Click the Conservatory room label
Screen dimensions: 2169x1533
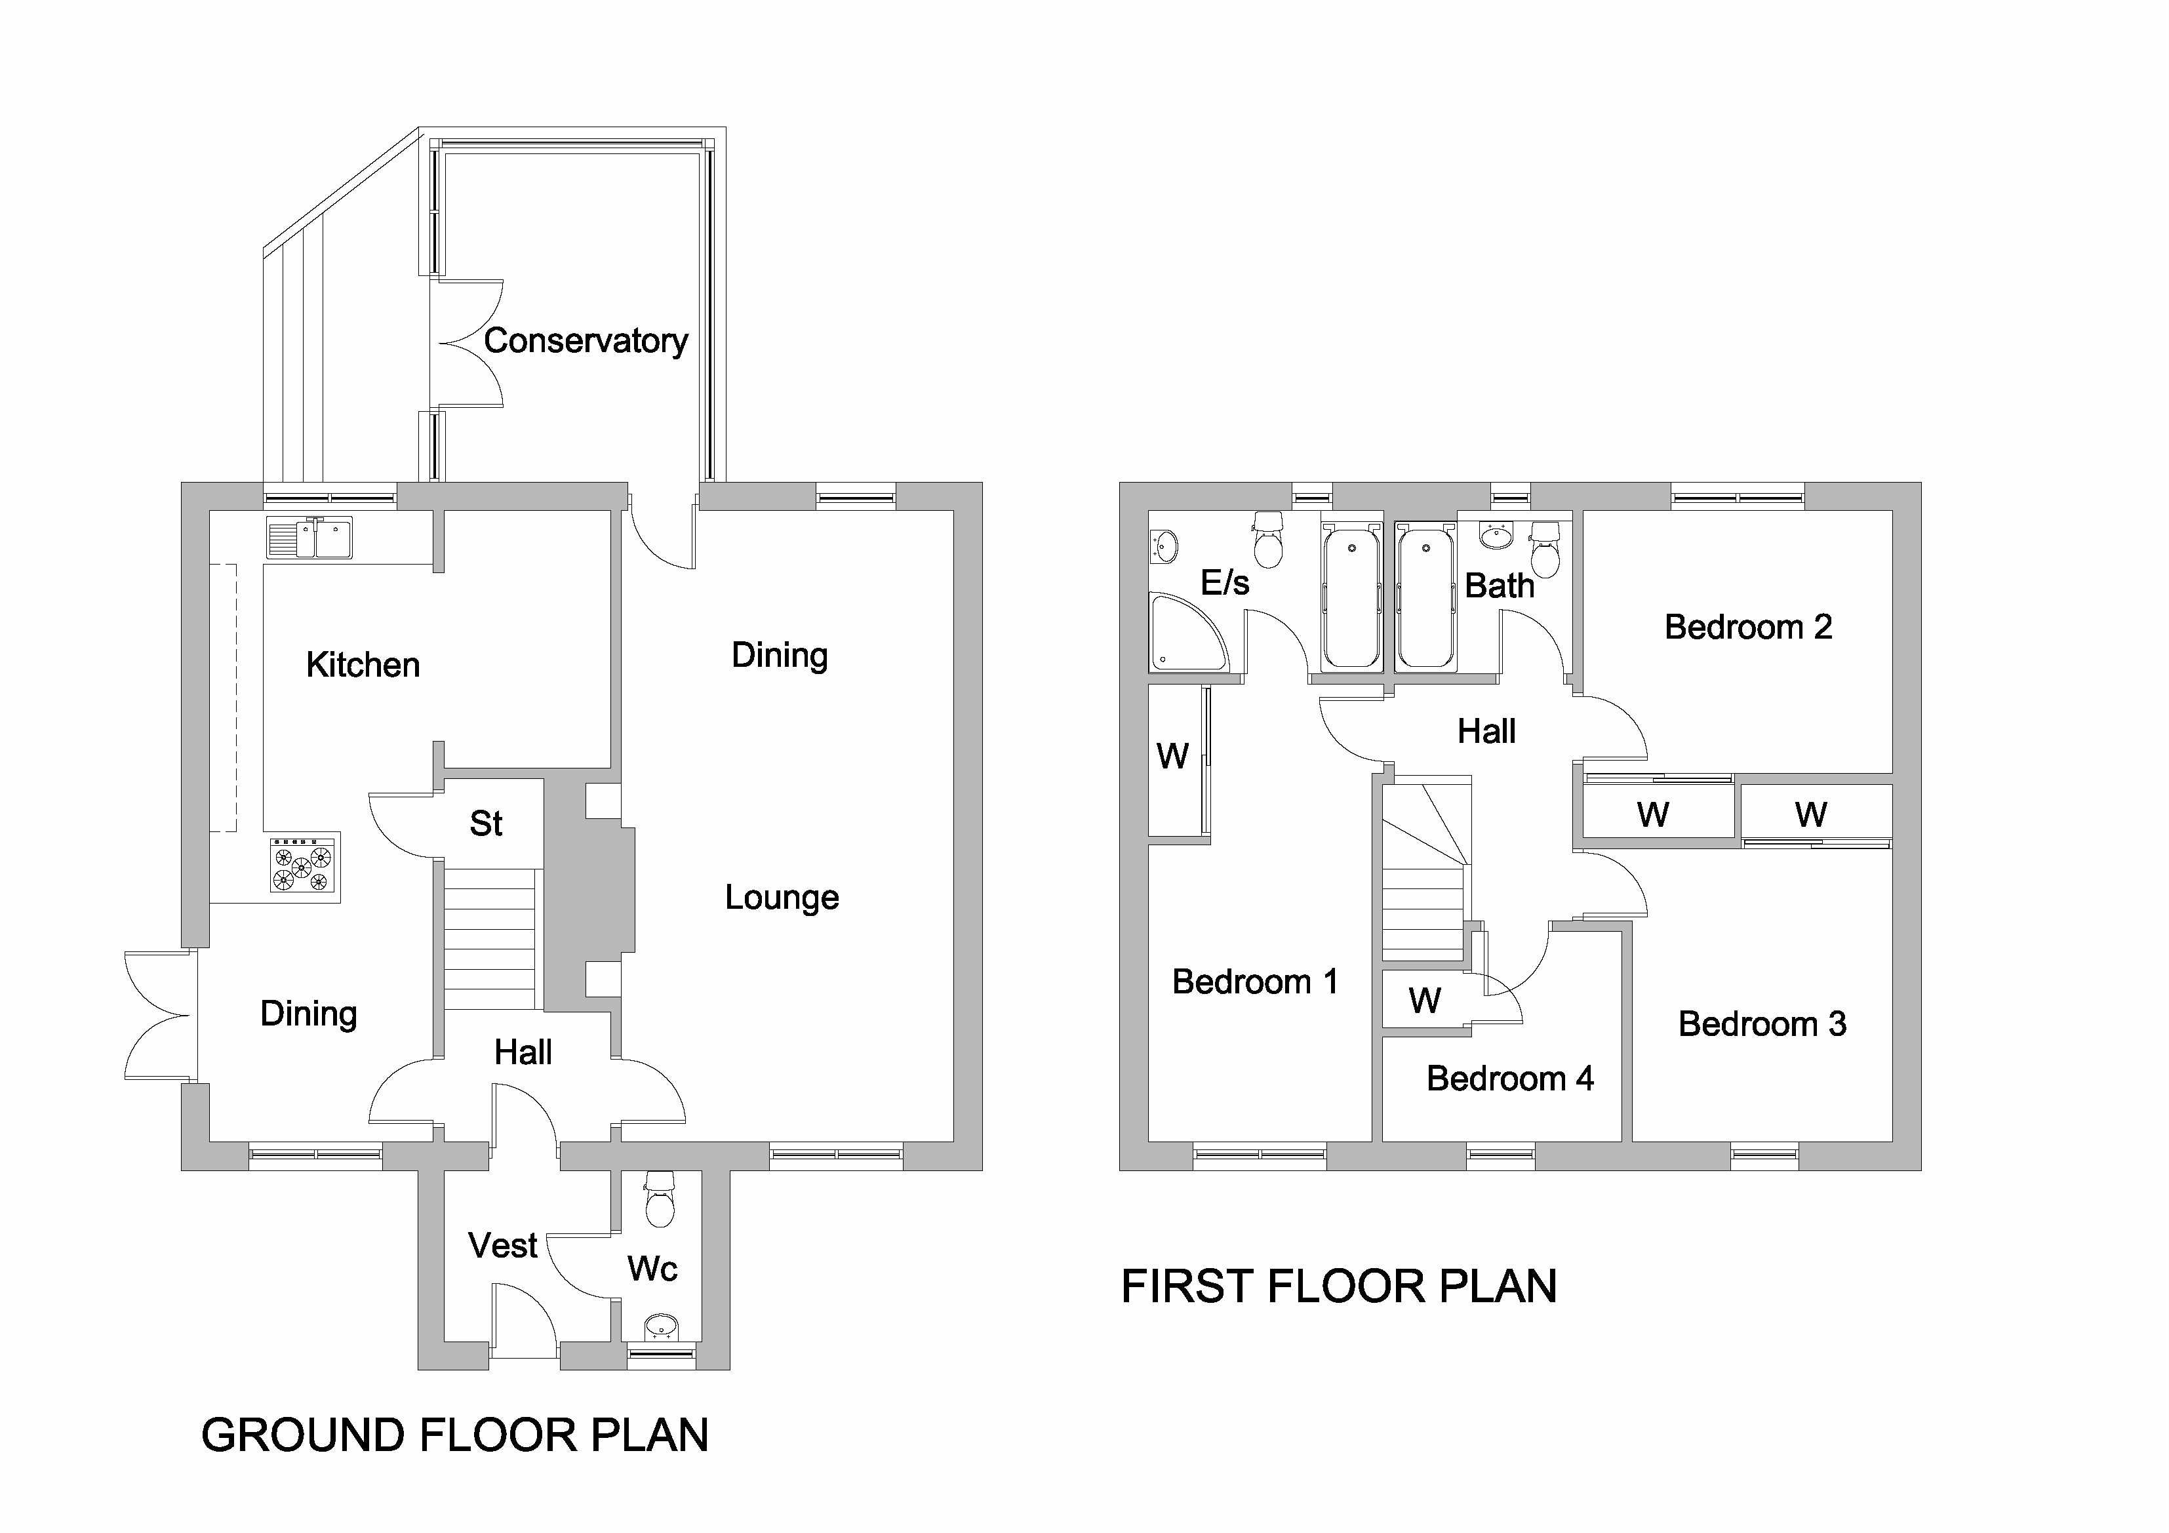pos(586,341)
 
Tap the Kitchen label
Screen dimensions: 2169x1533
pos(363,665)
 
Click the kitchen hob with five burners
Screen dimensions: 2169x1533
pos(303,864)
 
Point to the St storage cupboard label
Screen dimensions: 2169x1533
pos(486,824)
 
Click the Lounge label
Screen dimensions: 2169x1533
pos(782,898)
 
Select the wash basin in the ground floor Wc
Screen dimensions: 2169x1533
pos(662,1326)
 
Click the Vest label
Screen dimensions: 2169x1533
pos(502,1246)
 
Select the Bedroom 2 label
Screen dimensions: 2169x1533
pos(1747,627)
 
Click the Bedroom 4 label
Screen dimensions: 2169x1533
pos(1509,1079)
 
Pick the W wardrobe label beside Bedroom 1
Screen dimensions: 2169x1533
pos(1172,755)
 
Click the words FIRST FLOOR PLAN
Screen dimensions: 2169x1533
pos(1339,1286)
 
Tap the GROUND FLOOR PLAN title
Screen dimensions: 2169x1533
pos(454,1436)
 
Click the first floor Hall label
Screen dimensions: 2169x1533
pos(1486,731)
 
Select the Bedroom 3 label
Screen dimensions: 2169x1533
pos(1762,1024)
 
